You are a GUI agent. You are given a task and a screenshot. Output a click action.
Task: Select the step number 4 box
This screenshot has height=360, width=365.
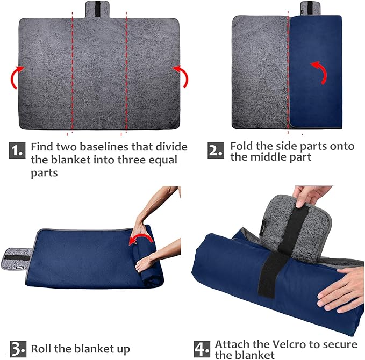202,348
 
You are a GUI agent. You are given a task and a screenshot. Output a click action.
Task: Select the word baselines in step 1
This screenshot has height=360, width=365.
124,147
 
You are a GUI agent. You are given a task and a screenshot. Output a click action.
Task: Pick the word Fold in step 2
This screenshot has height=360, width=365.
242,146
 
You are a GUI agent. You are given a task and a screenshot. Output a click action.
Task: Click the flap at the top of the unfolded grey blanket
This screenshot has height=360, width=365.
98,9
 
